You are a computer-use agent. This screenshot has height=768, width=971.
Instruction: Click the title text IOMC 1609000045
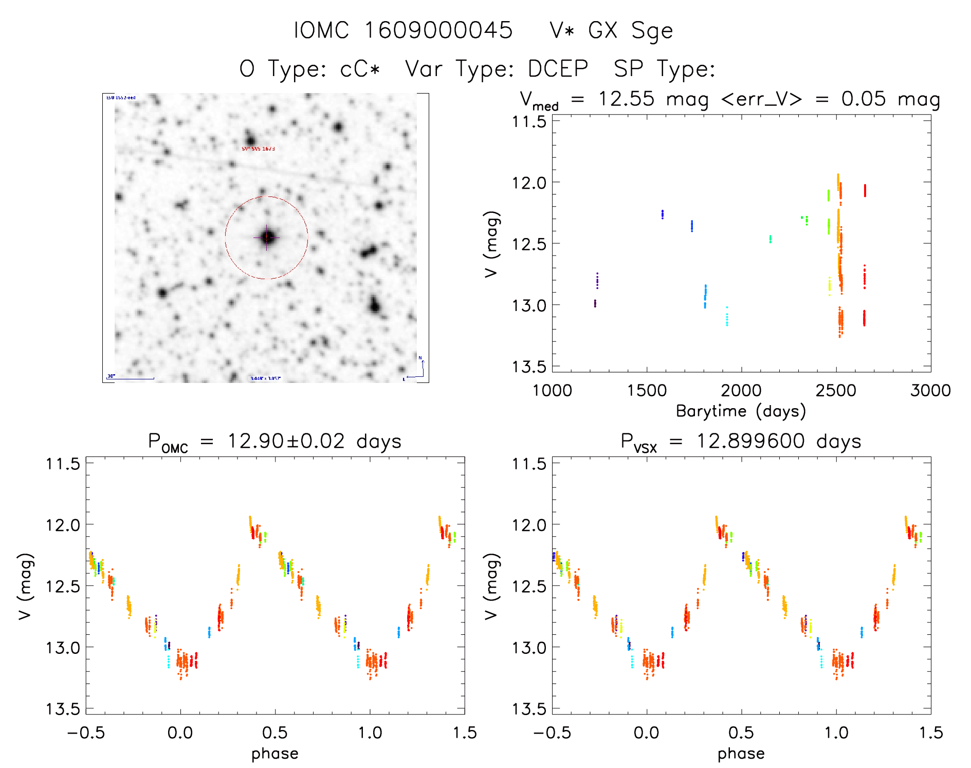(403, 30)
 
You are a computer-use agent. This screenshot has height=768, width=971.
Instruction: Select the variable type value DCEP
(558, 69)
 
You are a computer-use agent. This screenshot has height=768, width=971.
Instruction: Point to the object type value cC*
(360, 69)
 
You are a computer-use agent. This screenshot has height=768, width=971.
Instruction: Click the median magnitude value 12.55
(626, 99)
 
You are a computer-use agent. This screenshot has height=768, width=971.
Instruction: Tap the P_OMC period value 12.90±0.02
(286, 441)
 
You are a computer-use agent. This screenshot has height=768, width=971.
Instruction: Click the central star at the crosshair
(267, 237)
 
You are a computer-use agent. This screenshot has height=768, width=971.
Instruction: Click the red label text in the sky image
(259, 149)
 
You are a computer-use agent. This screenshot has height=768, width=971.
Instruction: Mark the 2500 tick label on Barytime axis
(836, 390)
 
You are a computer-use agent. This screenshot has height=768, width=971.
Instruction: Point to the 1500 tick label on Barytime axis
(647, 390)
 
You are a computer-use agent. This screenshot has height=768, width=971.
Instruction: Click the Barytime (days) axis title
(741, 411)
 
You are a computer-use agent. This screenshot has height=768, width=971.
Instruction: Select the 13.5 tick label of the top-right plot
(529, 367)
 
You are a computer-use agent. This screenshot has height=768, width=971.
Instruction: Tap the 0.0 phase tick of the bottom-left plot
(180, 733)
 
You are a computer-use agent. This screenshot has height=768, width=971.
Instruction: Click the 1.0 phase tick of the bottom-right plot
(836, 733)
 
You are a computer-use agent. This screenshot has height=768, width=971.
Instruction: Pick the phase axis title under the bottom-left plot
(274, 754)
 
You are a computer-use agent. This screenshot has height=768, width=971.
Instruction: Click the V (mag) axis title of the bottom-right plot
(491, 586)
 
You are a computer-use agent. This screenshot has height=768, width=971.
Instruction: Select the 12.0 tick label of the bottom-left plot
(63, 525)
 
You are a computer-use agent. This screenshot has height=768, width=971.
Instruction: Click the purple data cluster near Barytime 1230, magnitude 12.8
(597, 281)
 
